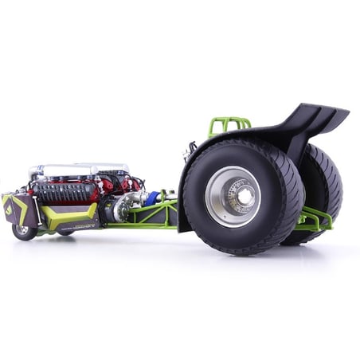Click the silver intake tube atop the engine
point(80,170)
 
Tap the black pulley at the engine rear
point(107,209)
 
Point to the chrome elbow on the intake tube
point(36,172)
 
